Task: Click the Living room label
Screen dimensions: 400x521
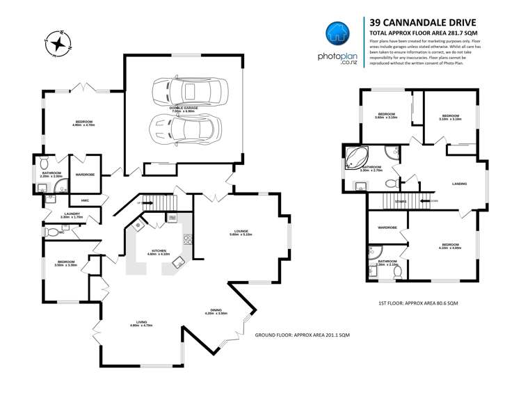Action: point(142,323)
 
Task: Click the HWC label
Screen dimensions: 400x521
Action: point(85,201)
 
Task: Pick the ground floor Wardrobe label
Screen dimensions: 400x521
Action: point(85,174)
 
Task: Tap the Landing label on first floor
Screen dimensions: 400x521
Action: point(458,184)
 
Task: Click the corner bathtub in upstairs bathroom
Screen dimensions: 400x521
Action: point(358,159)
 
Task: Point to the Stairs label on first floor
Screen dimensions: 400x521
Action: point(400,201)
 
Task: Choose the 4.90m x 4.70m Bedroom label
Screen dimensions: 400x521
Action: point(83,125)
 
